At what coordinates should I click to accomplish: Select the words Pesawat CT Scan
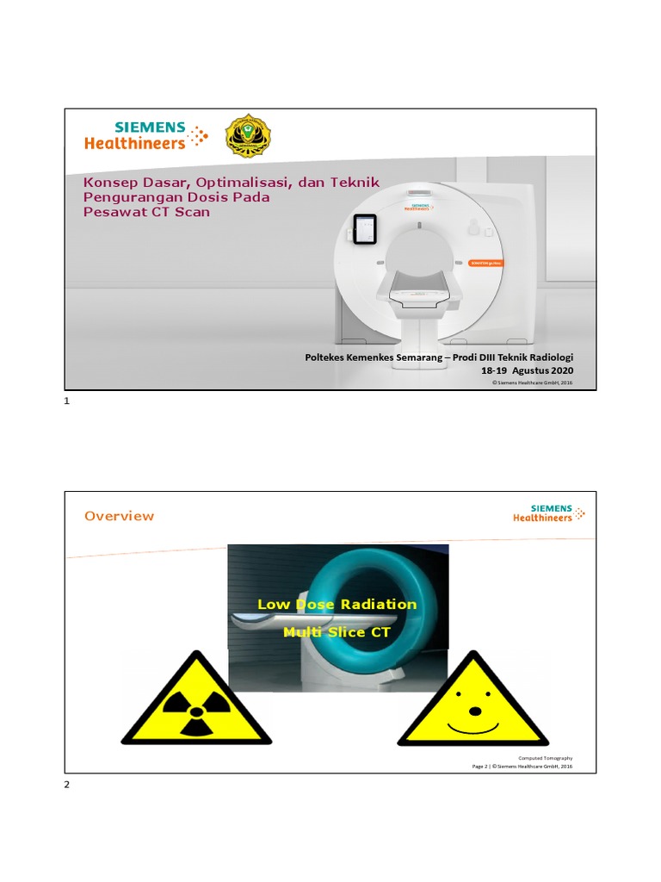[x=146, y=211]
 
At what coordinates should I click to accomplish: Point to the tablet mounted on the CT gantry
[x=365, y=230]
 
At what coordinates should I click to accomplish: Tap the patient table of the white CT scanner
[x=421, y=294]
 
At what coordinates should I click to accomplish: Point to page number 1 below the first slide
[x=67, y=402]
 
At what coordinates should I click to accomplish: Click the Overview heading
[x=119, y=516]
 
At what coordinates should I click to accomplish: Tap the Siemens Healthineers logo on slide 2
[x=548, y=513]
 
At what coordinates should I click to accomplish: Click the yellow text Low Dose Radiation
[x=337, y=604]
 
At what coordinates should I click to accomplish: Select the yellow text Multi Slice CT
[x=337, y=632]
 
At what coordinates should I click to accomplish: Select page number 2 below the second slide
[x=67, y=785]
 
